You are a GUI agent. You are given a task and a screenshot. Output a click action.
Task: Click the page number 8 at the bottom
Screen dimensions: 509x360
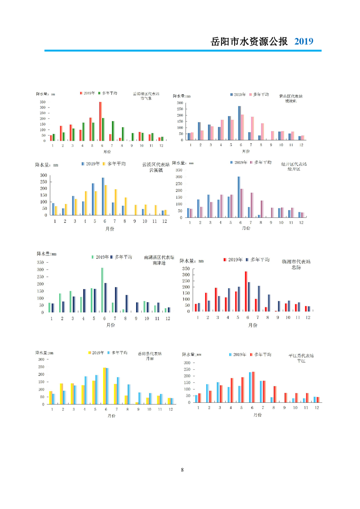(x=182, y=470)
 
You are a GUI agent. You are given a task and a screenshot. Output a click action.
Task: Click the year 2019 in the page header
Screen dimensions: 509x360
(x=304, y=42)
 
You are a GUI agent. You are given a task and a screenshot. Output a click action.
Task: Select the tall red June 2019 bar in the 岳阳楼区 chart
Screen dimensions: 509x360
(x=100, y=121)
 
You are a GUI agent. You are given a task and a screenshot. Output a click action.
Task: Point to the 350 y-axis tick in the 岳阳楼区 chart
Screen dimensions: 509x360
(x=42, y=102)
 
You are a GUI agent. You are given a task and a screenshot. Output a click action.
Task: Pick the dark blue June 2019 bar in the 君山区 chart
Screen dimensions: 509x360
(x=239, y=123)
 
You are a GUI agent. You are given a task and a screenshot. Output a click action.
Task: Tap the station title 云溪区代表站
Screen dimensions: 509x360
(x=155, y=165)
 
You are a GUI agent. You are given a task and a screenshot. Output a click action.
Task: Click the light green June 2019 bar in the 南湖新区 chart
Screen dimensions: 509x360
(x=102, y=290)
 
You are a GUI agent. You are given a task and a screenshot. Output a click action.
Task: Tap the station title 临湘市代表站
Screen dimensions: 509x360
(x=296, y=262)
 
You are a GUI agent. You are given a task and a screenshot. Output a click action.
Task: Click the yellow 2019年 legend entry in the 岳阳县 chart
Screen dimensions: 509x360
(x=97, y=352)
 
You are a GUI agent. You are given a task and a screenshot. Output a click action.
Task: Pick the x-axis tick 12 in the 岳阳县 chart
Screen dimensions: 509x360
(x=170, y=410)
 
